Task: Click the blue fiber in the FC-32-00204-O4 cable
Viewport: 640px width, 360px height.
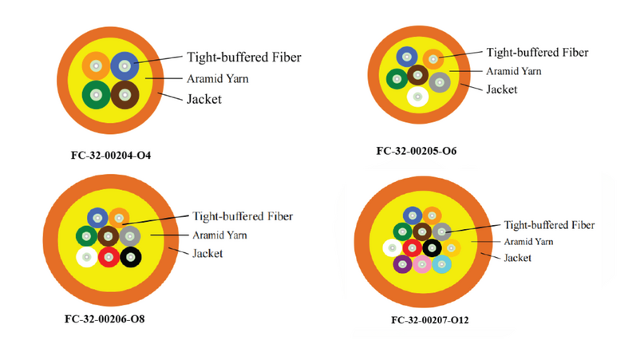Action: click(124, 65)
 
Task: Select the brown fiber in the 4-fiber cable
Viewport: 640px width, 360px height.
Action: click(125, 95)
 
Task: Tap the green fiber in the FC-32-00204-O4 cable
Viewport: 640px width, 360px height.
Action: click(97, 95)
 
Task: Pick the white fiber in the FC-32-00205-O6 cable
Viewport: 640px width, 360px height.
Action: click(417, 97)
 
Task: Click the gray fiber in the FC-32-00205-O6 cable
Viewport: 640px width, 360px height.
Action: click(440, 82)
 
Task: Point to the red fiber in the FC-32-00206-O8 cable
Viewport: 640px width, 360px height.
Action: click(109, 257)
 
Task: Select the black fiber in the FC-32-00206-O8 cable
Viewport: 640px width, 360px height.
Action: click(131, 257)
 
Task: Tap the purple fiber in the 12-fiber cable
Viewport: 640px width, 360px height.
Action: click(402, 264)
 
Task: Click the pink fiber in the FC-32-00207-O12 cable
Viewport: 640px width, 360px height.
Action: click(422, 264)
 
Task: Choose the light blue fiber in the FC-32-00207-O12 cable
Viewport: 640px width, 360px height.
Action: click(441, 264)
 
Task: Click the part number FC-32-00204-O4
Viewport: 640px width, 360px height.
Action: click(111, 156)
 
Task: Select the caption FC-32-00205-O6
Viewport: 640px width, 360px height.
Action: click(417, 151)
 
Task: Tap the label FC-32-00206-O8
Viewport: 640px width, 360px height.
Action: click(105, 318)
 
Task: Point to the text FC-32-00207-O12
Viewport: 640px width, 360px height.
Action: click(430, 320)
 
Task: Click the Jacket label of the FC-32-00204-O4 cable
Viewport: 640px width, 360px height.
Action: click(204, 99)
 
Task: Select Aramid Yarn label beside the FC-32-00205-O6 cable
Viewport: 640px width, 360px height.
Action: click(513, 71)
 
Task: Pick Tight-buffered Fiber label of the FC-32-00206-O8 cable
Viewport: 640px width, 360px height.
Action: click(243, 216)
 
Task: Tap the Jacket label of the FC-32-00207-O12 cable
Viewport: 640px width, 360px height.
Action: click(518, 258)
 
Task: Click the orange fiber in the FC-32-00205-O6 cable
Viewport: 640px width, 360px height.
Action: click(433, 59)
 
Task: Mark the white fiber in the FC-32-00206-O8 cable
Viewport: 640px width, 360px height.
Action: click(86, 257)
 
